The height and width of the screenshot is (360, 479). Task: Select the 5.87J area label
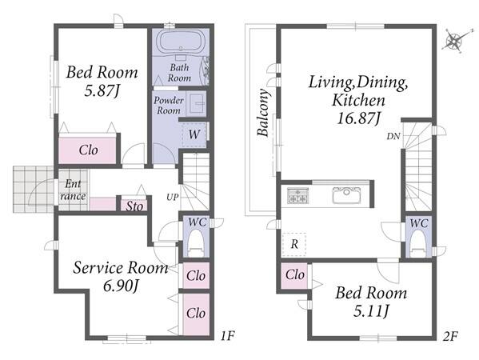pos(102,90)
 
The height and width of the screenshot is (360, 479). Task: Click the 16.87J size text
pos(359,118)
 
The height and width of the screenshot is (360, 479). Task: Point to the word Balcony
pos(263,112)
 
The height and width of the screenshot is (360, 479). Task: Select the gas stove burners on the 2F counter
pos(297,195)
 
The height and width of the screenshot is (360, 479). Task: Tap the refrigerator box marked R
pos(293,244)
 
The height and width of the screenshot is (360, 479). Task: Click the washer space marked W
pos(194,134)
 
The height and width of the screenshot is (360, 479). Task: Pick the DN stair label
pos(393,137)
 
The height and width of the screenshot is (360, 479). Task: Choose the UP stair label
pos(172,198)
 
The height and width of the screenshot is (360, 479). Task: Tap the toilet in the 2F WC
pos(418,243)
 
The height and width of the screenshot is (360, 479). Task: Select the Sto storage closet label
pos(134,206)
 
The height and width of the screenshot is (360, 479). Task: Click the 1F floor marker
pos(228,336)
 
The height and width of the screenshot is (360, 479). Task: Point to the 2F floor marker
pos(450,336)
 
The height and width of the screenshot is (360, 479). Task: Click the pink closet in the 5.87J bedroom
pos(88,150)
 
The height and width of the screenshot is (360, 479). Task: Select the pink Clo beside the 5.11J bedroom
pos(294,275)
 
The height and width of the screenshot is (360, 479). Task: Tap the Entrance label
pos(73,190)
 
